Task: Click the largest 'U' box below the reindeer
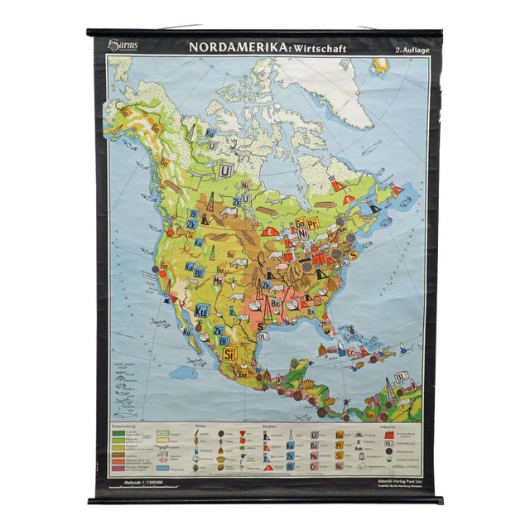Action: pyautogui.click(x=224, y=171)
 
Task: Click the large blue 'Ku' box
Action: pyautogui.click(x=201, y=312)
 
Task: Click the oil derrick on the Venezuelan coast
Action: pyautogui.click(x=388, y=386)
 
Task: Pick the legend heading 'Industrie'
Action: pyautogui.click(x=387, y=424)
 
